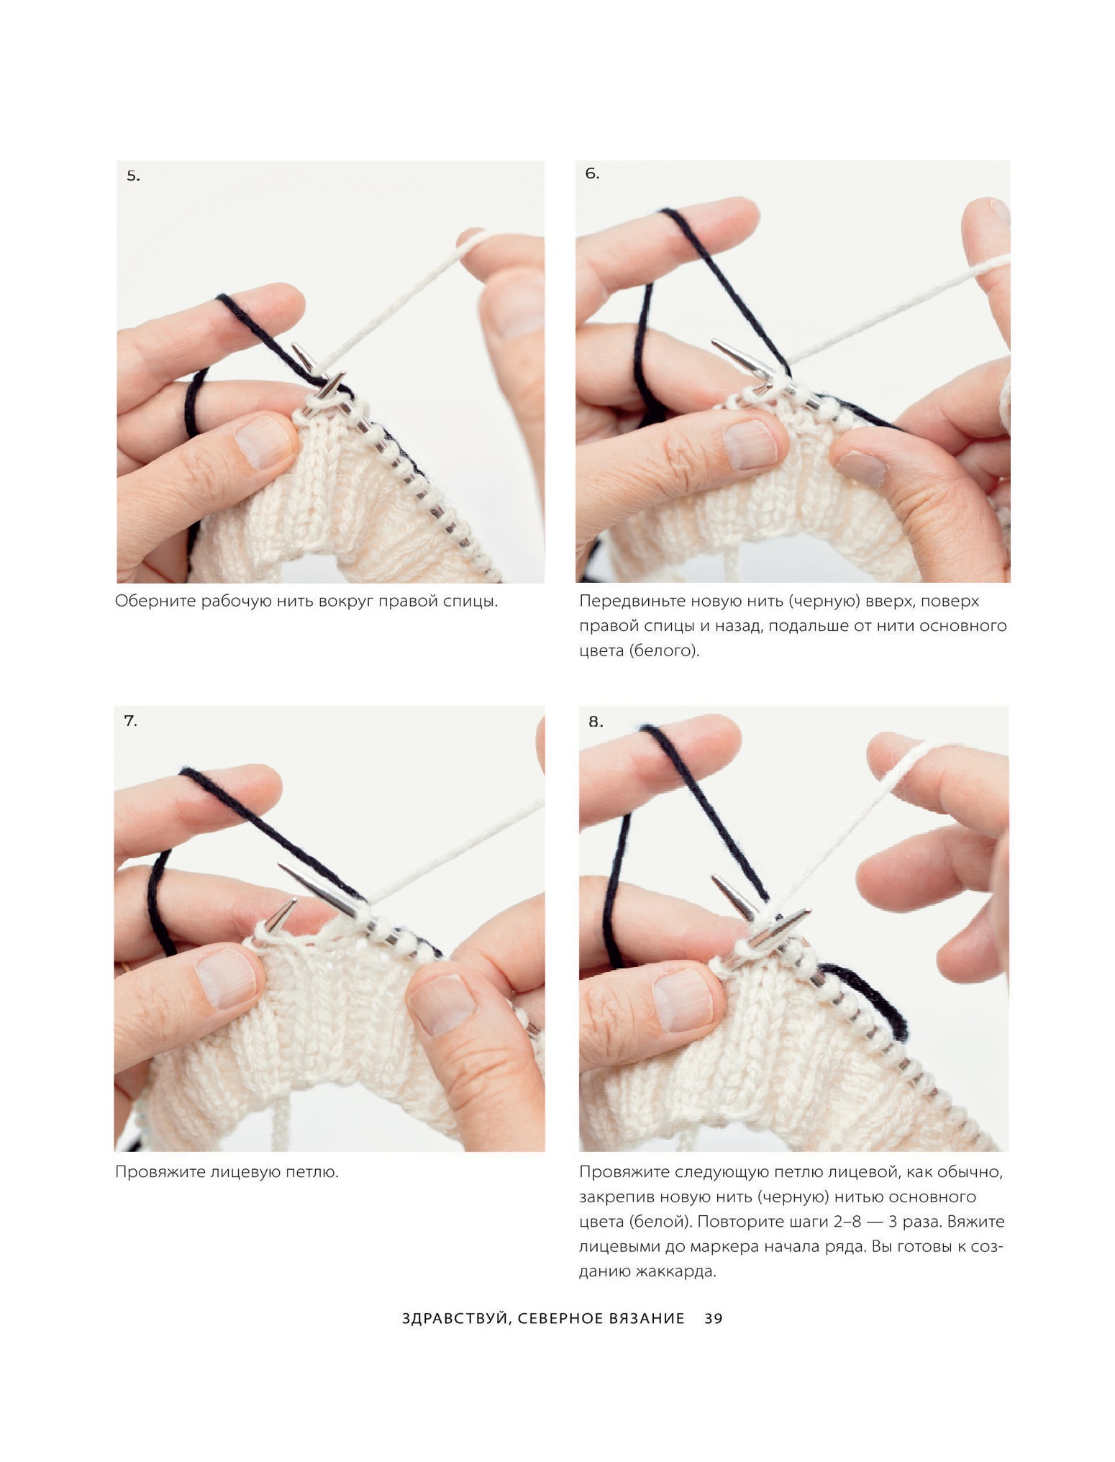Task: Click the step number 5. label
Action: click(133, 176)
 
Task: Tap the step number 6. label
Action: click(592, 173)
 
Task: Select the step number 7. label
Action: click(130, 721)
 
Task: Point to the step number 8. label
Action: click(596, 722)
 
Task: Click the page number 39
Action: click(713, 1319)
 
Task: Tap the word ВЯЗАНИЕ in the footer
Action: click(647, 1319)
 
